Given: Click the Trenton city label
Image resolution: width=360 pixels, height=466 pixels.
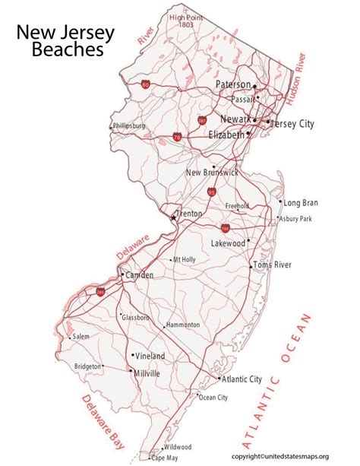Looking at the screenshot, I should pos(189,214).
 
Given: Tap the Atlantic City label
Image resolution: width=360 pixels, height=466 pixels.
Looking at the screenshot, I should pos(242,379).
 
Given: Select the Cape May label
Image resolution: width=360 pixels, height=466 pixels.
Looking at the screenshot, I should pos(165,458).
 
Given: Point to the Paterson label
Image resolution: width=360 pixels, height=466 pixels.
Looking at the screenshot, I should pos(233,84).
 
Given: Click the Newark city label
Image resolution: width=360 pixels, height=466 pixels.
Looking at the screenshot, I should pos(235,119).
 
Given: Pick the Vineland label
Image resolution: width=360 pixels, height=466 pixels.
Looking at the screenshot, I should pos(150,355).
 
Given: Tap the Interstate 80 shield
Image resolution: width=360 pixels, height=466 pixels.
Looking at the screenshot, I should pos(145,85).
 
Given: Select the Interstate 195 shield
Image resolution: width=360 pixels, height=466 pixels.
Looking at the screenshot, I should pos(226,228).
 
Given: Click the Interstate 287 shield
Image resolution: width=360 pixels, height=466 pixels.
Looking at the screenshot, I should pos(202,121).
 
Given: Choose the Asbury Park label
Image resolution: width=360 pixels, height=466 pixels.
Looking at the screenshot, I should pos(295,219).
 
